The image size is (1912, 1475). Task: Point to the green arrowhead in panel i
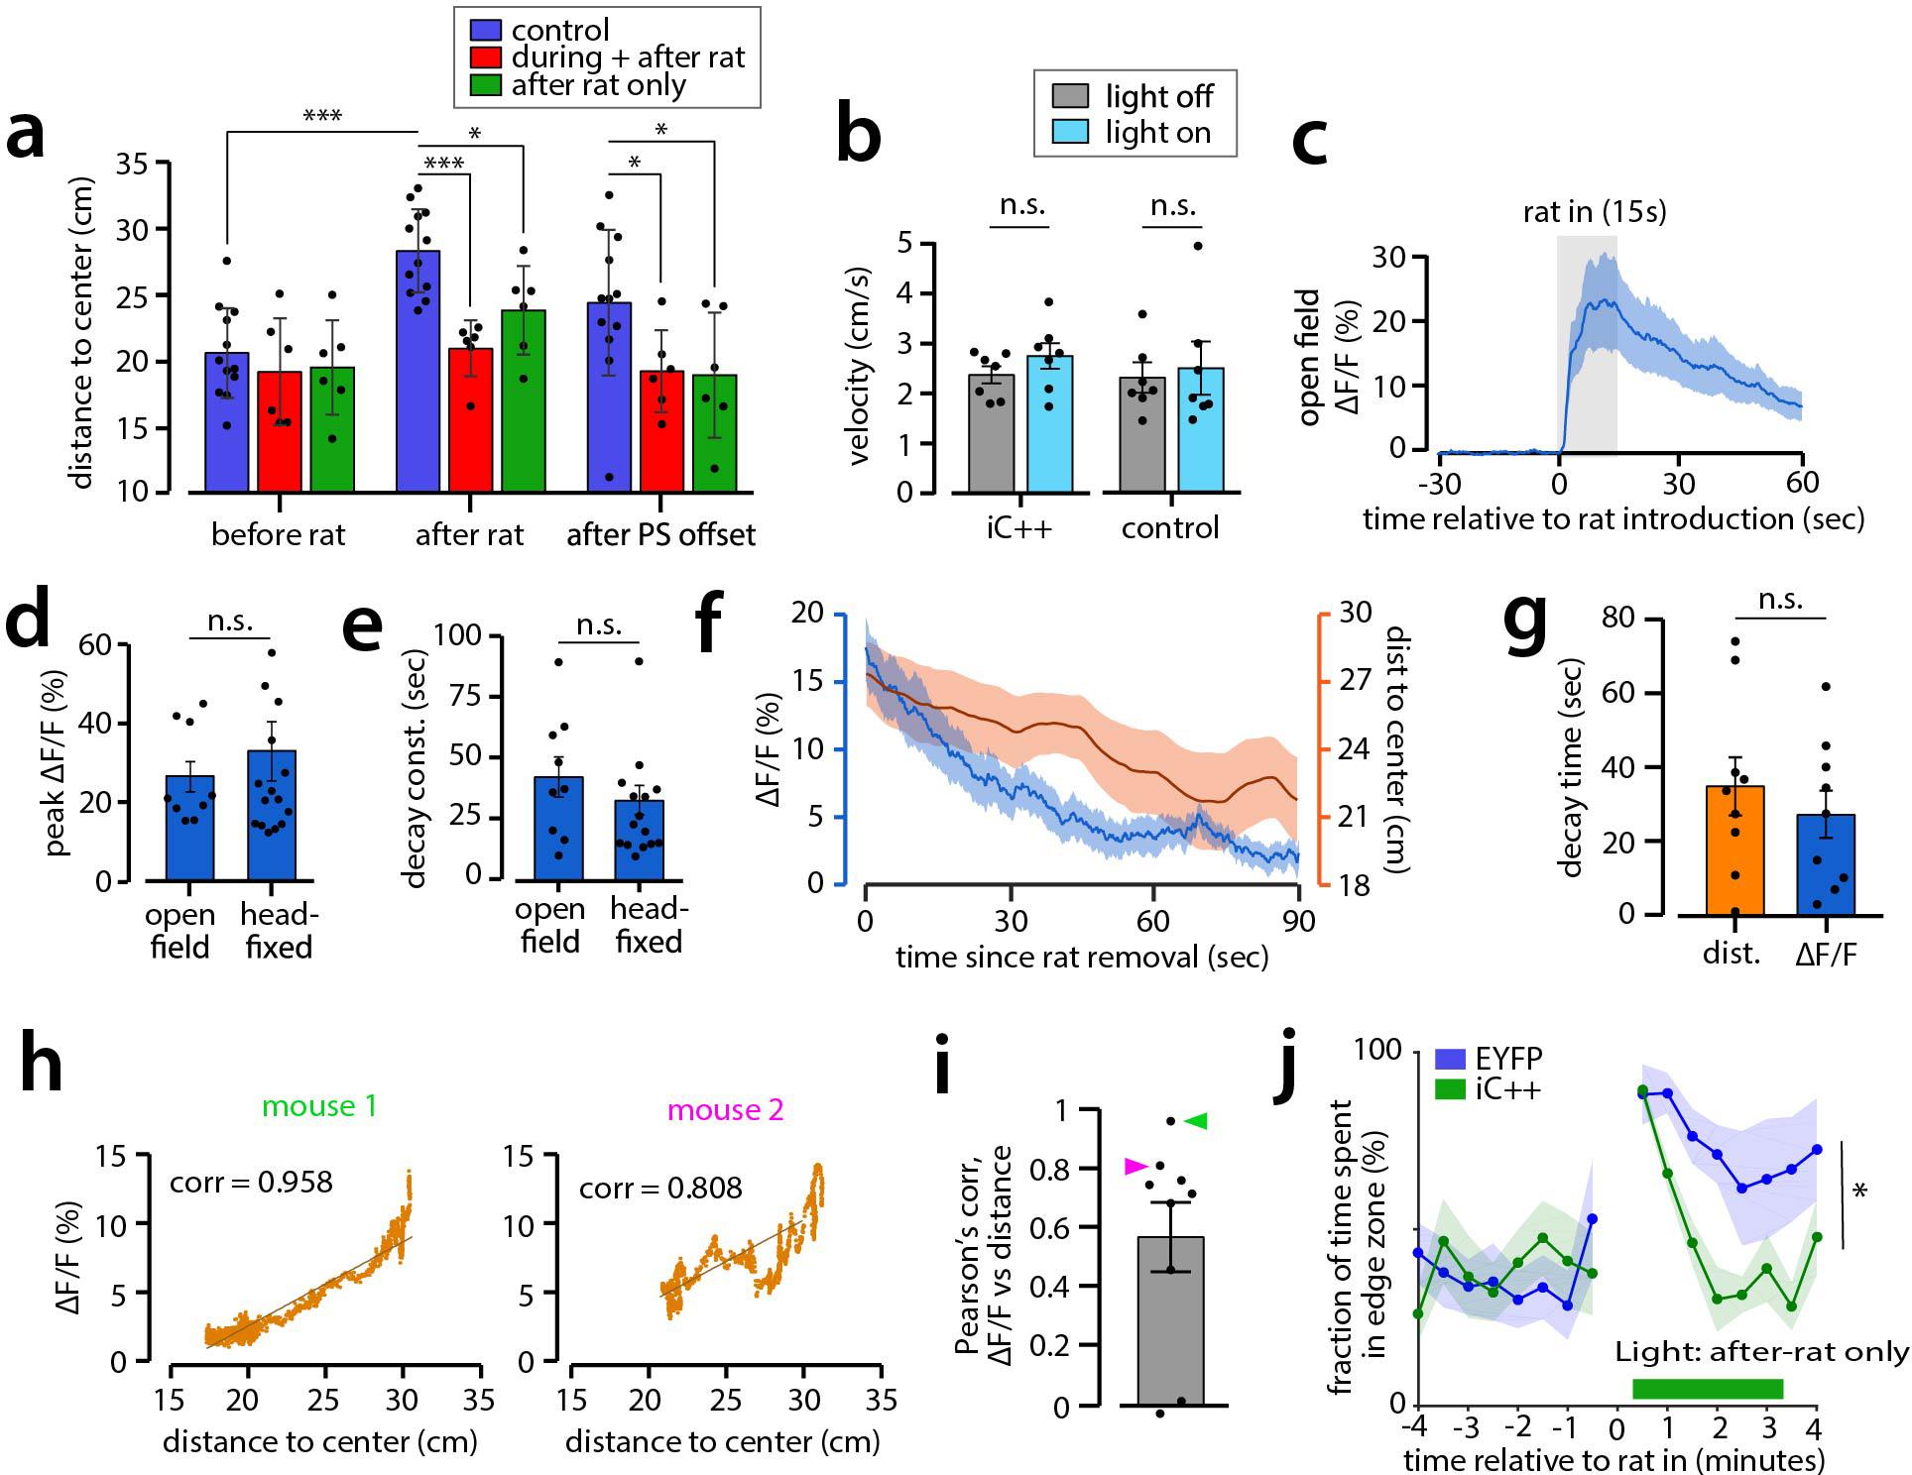coord(1197,1121)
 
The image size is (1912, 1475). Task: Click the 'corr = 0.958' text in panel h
coord(251,1183)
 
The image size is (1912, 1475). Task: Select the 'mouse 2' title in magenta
coord(726,1109)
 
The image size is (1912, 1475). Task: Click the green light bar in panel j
coord(1708,1388)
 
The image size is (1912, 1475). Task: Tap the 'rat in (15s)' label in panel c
coord(1595,212)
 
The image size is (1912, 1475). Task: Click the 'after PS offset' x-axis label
coord(660,535)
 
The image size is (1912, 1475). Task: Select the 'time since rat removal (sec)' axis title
coord(1082,957)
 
